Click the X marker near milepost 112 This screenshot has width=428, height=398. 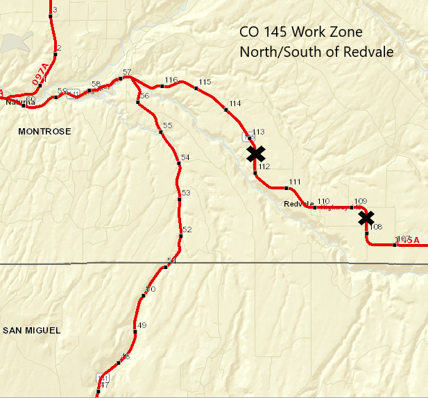coord(256,153)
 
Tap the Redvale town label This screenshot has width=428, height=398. coord(299,204)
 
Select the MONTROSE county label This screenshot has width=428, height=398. coord(44,131)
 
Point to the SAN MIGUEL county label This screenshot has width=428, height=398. coord(32,331)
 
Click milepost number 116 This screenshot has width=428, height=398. coord(171,80)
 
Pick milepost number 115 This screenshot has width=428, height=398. coord(204,83)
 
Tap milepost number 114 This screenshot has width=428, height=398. coord(234,103)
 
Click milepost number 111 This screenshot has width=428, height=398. coord(295,182)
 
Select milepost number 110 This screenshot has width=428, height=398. coord(323,201)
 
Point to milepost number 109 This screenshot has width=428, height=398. coord(360,201)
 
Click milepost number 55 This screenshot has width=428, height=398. coord(167,126)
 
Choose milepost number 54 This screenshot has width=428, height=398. coord(185,158)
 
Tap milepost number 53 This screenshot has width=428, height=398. coord(185,193)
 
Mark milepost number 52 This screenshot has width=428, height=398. coord(187,230)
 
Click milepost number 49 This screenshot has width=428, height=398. coord(142,325)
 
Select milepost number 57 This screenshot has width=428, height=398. coord(126,72)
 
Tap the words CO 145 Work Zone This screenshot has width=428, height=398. coord(300,33)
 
